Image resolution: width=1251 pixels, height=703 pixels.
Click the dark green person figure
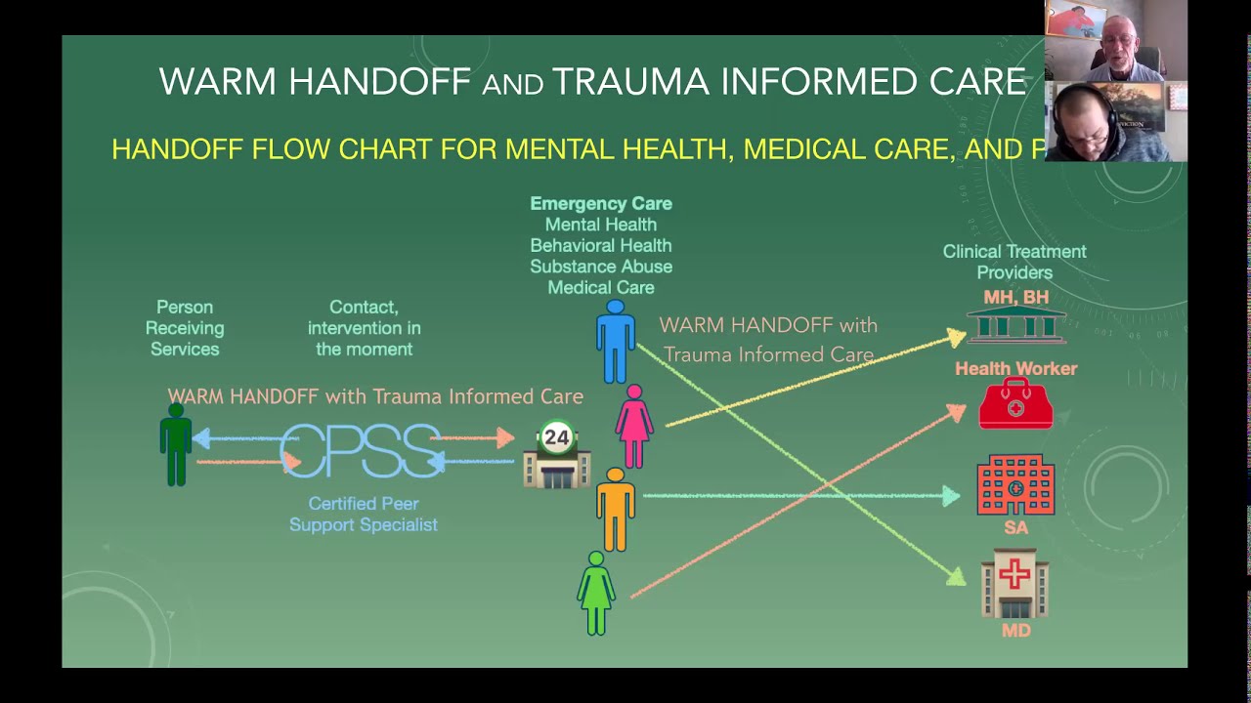[176, 444]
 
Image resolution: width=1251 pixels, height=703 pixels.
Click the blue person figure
[616, 342]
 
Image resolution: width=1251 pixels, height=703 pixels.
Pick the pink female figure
[634, 426]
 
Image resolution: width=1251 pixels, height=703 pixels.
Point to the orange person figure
[616, 509]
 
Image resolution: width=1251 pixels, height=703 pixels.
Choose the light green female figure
[595, 593]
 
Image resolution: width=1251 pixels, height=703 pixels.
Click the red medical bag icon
[1015, 404]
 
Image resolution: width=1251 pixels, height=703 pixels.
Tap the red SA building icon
[1015, 485]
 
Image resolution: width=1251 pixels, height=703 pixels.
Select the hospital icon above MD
[1015, 583]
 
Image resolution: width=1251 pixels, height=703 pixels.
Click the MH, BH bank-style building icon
[1015, 325]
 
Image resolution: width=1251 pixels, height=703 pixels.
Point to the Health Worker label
[1015, 368]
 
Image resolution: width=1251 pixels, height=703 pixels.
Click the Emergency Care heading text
[600, 203]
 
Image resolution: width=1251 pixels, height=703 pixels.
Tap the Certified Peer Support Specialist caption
[363, 515]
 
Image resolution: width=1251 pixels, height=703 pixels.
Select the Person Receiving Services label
[185, 328]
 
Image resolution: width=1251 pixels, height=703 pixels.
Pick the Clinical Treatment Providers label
[1014, 262]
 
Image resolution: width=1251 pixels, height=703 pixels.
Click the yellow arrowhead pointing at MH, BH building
[955, 339]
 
